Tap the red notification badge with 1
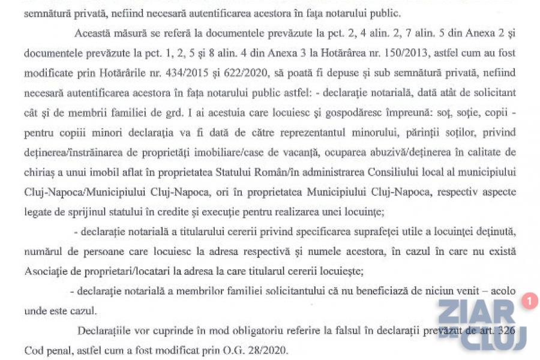tap(529, 301)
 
